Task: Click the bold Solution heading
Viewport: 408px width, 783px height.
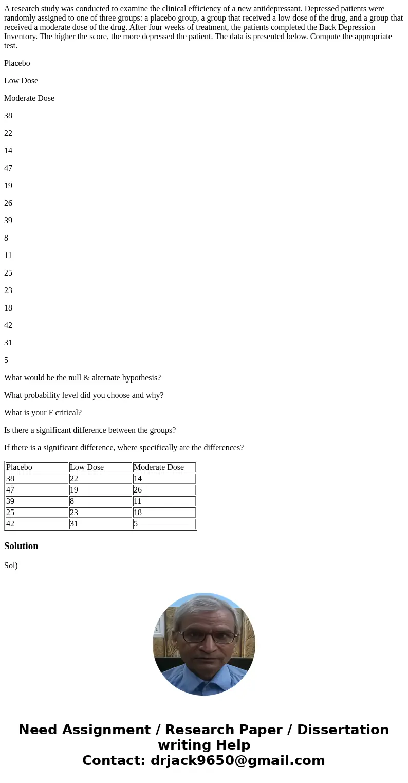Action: [21, 546]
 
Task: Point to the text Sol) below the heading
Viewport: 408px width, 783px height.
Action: [11, 566]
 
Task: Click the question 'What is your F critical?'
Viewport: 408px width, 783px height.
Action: [43, 413]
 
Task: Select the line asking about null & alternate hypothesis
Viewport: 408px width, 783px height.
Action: [82, 378]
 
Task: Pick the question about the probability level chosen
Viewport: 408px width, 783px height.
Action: [84, 395]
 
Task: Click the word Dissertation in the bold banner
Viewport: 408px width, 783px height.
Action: [343, 730]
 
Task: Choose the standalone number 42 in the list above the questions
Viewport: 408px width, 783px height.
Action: [8, 325]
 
